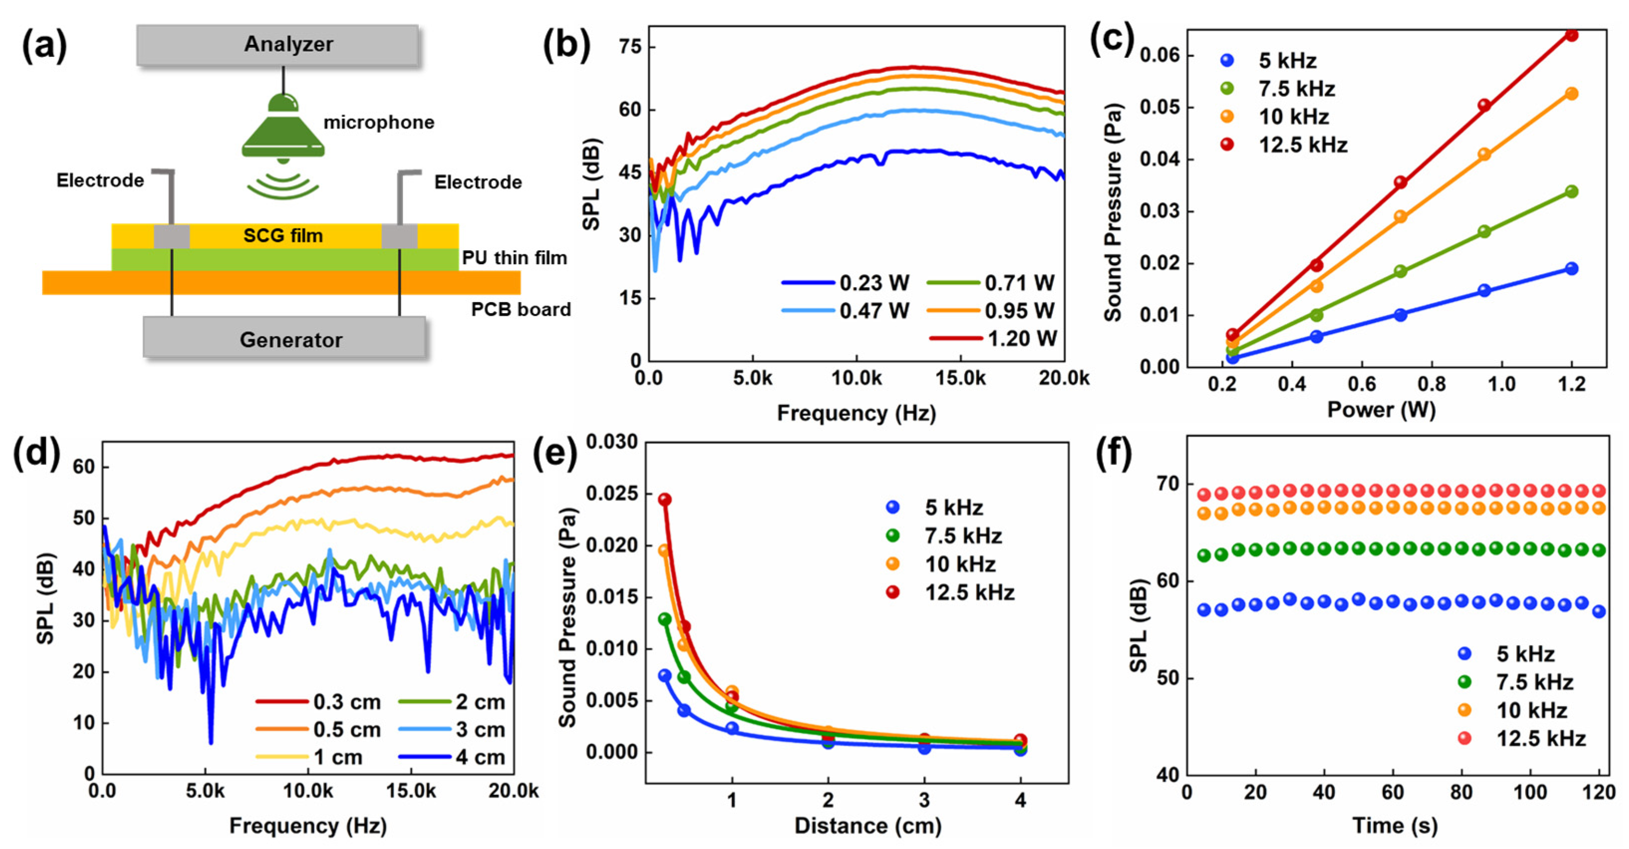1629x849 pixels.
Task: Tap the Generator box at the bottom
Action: tap(284, 339)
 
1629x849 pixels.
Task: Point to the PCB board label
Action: tap(520, 310)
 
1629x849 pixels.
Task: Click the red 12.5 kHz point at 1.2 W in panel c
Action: tap(1571, 35)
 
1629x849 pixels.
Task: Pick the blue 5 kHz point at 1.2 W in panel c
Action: tap(1571, 269)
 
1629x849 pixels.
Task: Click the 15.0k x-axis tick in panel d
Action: tap(411, 791)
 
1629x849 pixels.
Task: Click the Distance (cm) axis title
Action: tap(868, 826)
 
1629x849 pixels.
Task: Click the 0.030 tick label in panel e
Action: tap(611, 442)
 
